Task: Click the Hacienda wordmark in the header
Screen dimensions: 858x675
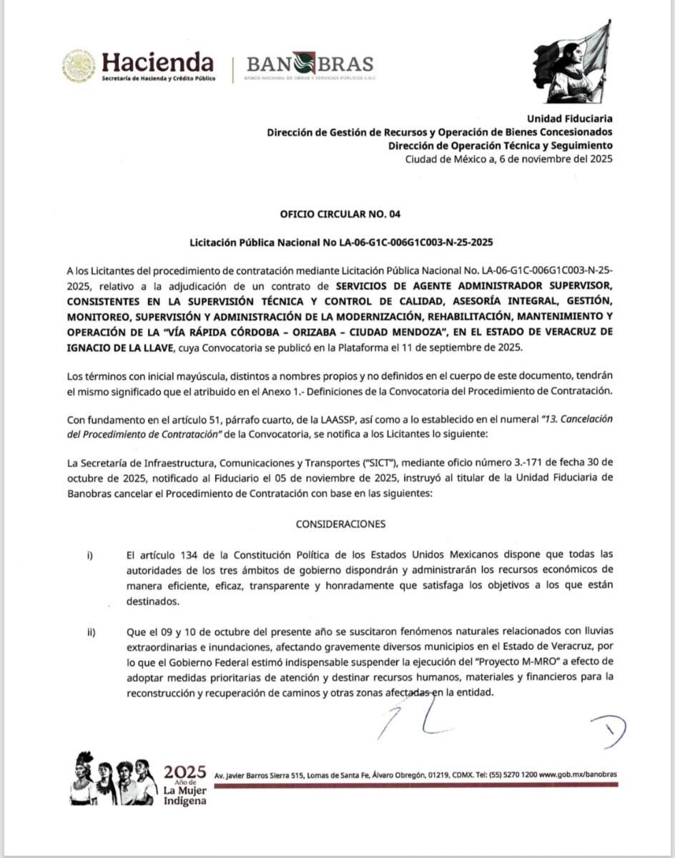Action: pos(157,61)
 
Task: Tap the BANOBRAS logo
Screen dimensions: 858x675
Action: pos(310,64)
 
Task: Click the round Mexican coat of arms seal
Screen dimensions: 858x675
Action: pos(79,66)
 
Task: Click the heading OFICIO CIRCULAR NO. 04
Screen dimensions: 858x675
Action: pos(337,214)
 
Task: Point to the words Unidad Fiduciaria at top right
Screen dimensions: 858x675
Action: pos(569,119)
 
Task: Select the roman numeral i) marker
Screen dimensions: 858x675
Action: pos(90,556)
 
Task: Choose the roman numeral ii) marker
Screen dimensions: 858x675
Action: pos(92,631)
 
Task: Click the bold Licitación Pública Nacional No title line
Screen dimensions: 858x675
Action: pos(337,242)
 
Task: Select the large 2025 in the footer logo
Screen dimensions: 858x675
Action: pos(184,771)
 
